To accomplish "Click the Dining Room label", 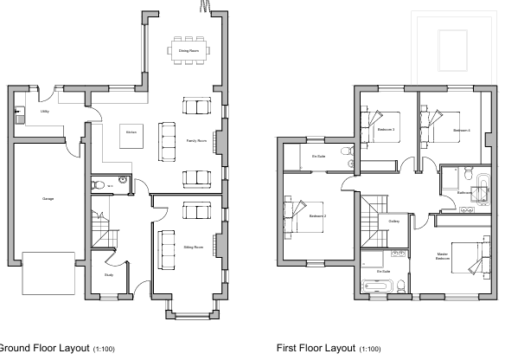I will coord(189,51).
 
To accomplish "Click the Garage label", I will coord(48,199).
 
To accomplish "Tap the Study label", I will coord(109,275).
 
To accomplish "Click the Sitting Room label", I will coord(193,247).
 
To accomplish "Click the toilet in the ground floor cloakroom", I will coord(100,184).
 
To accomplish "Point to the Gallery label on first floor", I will coord(393,222).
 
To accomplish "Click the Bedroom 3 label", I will coord(386,130).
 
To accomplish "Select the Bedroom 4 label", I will coord(461,130).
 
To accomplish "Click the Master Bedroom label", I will coord(443,256).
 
